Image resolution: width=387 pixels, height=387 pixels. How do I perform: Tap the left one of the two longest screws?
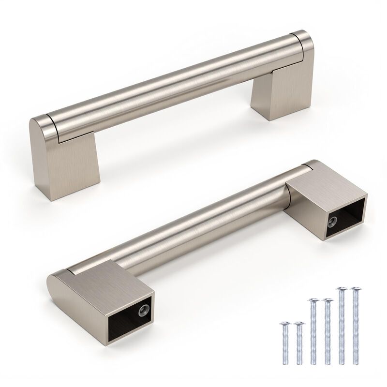pos(342,329)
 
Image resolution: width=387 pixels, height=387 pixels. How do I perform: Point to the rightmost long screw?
pos(357,329)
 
